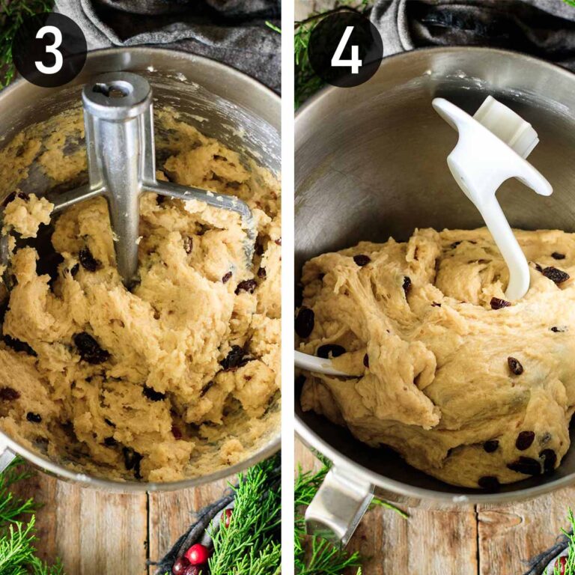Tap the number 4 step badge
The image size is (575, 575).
tap(345, 49)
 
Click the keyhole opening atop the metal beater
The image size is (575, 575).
tap(110, 90)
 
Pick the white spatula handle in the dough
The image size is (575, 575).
tap(318, 365)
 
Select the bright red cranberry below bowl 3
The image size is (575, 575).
tap(197, 553)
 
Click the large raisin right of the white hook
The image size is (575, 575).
tap(555, 274)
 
